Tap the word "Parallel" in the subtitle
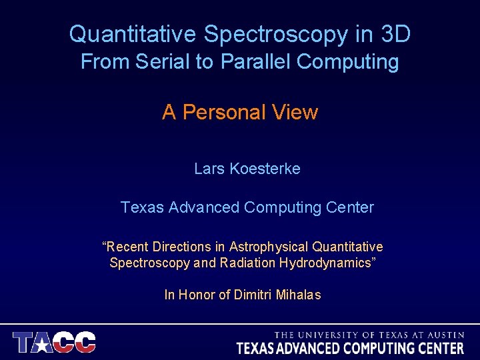click(256, 62)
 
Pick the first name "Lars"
click(209, 169)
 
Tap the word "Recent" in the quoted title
click(127, 247)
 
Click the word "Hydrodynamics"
click(327, 263)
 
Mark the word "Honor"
click(197, 295)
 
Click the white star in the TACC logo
click(44, 343)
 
